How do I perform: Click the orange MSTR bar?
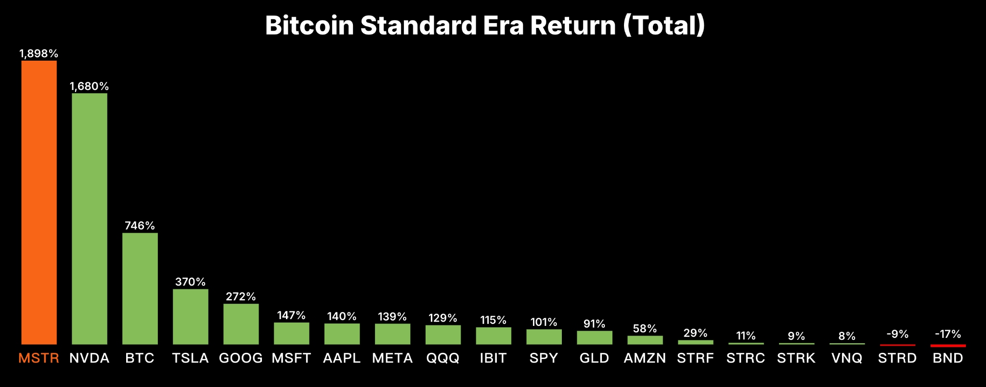tap(39, 202)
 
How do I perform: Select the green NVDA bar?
tap(90, 219)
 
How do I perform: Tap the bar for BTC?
tap(140, 288)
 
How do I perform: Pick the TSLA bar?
tap(191, 316)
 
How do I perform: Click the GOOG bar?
tap(241, 323)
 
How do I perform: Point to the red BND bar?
tap(948, 346)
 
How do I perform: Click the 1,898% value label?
tap(39, 53)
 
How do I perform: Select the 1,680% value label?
tap(90, 86)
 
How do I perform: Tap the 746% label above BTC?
tap(140, 226)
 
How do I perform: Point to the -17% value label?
tap(948, 334)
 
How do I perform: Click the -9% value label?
tap(897, 334)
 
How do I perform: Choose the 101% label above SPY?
tap(544, 322)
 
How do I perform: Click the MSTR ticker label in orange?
tap(39, 358)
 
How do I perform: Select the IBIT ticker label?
tap(493, 358)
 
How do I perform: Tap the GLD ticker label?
tap(595, 358)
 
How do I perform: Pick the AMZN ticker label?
tap(645, 358)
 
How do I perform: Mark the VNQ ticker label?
tap(847, 358)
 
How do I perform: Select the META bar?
tap(393, 334)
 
